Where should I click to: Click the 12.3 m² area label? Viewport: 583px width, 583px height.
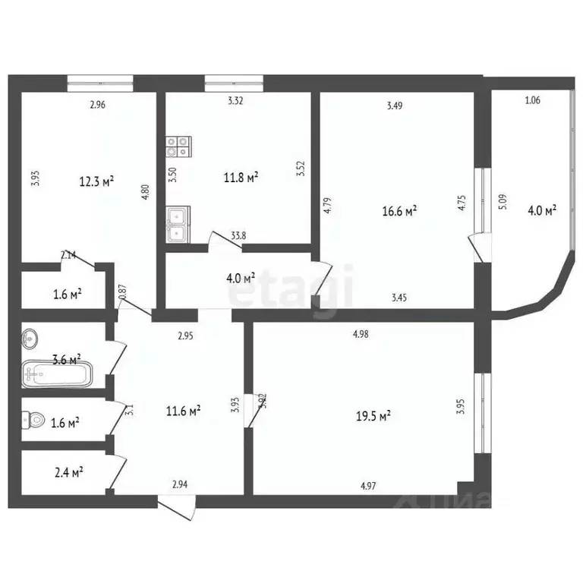(96, 182)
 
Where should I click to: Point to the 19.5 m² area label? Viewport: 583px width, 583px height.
(373, 415)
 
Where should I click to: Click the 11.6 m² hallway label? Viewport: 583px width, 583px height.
(183, 411)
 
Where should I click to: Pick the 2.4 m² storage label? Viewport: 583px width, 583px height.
(69, 471)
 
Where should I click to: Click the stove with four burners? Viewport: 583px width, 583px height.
(178, 147)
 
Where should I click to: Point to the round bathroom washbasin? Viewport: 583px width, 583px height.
(31, 336)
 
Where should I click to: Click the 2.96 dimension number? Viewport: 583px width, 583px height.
(97, 106)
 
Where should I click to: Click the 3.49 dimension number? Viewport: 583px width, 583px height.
(394, 106)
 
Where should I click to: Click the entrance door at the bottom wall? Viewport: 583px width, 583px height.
(177, 507)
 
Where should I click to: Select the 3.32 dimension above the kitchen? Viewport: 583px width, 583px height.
(236, 99)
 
